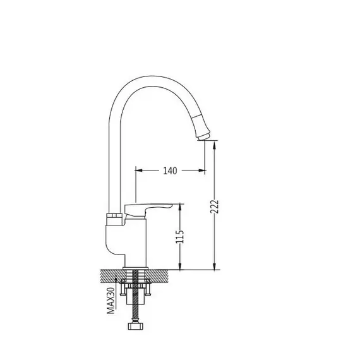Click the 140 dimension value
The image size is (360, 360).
click(170, 171)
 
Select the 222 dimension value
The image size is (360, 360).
click(215, 207)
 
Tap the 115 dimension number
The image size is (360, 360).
click(180, 236)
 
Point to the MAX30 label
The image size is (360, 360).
click(111, 301)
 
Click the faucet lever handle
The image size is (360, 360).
click(147, 209)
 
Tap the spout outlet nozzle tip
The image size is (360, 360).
click(204, 136)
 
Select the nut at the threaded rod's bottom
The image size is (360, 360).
click(136, 326)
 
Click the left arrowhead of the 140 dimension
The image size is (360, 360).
click(139, 171)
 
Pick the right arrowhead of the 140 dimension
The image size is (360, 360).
click(202, 171)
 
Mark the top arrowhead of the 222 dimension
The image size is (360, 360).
click(215, 144)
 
